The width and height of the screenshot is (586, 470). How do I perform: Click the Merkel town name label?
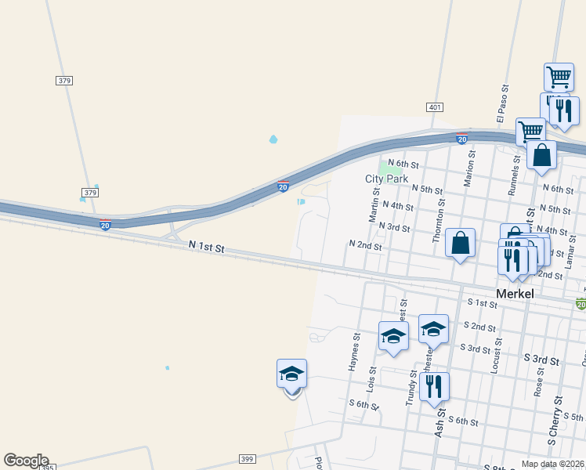[x=515, y=294]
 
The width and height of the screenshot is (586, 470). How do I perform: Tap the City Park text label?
[x=387, y=179]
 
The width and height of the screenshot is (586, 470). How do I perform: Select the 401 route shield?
[x=436, y=107]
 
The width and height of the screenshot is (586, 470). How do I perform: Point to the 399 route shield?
[x=247, y=459]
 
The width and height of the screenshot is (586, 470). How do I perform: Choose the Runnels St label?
[x=515, y=174]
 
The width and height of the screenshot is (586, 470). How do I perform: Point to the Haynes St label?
[x=356, y=350]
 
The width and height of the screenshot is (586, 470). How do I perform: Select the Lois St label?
[x=372, y=378]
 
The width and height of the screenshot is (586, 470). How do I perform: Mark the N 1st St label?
[x=206, y=248]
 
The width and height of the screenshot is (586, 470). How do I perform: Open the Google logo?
[x=26, y=461]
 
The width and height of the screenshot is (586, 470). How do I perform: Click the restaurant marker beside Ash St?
[x=434, y=386]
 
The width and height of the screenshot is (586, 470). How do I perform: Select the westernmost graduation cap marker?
[x=291, y=374]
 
